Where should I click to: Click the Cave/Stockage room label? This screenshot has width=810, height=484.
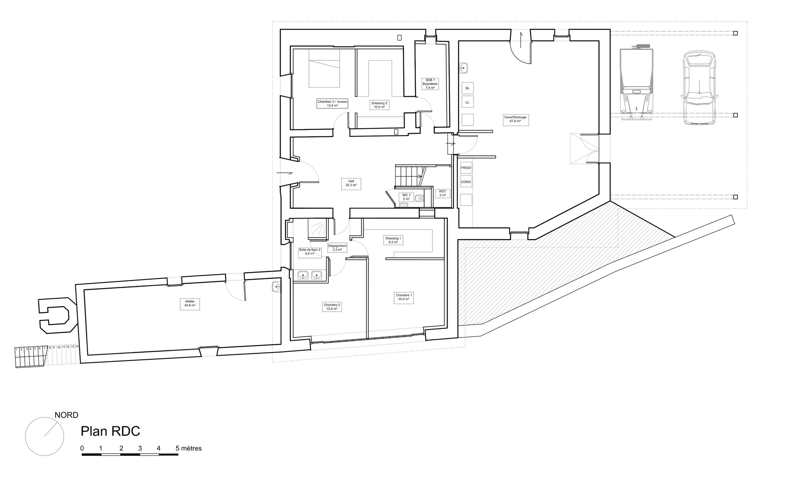click(x=516, y=119)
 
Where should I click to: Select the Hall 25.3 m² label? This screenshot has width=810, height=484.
click(x=351, y=183)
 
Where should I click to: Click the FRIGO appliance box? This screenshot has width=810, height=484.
click(x=466, y=168)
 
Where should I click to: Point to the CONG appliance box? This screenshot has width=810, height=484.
click(x=466, y=182)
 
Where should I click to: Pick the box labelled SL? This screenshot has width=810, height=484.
click(x=467, y=88)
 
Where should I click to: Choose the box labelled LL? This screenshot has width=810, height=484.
click(x=467, y=102)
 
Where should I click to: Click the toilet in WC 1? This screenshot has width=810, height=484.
click(x=419, y=198)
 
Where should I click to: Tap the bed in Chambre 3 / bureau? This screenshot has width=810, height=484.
click(x=324, y=68)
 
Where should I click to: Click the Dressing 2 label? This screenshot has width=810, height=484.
click(x=379, y=105)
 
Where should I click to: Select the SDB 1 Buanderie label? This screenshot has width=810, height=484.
click(x=430, y=84)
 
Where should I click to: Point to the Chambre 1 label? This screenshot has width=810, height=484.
click(x=404, y=297)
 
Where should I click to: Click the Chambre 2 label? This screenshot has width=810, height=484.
click(x=332, y=307)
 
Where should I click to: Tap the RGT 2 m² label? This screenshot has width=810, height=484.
click(x=442, y=193)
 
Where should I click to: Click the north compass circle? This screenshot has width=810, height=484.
click(x=45, y=436)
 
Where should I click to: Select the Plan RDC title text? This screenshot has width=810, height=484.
click(x=110, y=431)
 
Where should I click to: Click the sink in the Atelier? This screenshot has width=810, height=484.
click(x=276, y=287)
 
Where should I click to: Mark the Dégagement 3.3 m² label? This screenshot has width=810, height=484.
click(x=337, y=247)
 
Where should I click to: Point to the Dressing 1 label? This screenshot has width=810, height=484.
click(x=393, y=240)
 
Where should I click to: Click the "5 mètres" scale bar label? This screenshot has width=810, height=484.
click(x=188, y=448)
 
